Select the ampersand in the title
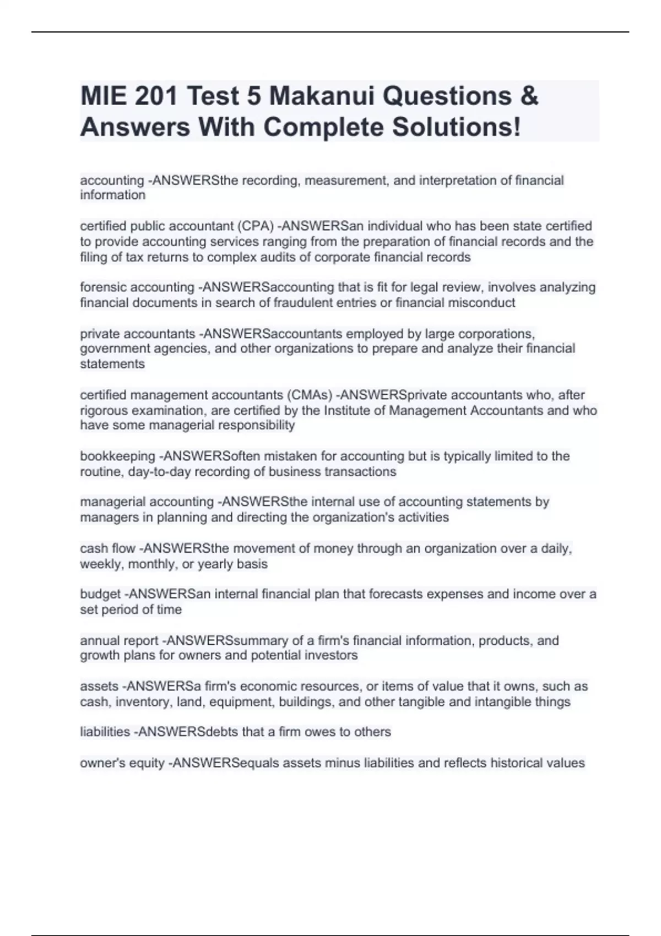pyautogui.click(x=529, y=96)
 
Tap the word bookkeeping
pyautogui.click(x=117, y=456)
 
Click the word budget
pyautogui.click(x=100, y=595)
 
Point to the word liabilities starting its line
pyautogui.click(x=105, y=732)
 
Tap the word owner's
pyautogui.click(x=102, y=763)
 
